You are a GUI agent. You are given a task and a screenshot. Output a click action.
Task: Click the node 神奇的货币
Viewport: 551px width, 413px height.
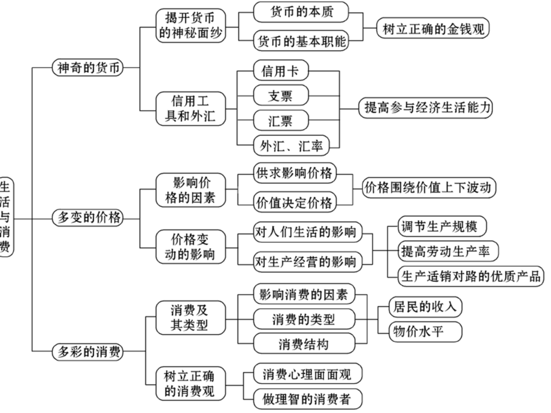click(x=87, y=67)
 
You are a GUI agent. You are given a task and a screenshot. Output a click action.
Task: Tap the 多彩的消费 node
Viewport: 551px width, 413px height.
click(x=87, y=352)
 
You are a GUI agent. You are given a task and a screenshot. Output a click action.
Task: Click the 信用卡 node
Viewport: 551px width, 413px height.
click(x=280, y=71)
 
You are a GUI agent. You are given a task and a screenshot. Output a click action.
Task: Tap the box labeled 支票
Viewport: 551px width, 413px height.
click(x=280, y=96)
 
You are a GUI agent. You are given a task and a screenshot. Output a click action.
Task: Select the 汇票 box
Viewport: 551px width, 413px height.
click(x=280, y=120)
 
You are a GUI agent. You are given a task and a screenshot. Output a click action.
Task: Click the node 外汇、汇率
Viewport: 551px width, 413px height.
click(x=289, y=144)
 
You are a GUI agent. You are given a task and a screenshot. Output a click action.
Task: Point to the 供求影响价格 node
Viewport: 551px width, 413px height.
click(x=293, y=173)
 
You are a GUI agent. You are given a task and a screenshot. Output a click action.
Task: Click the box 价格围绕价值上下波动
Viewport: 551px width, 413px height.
click(x=430, y=188)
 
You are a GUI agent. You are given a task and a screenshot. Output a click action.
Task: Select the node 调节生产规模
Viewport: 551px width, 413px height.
click(x=443, y=226)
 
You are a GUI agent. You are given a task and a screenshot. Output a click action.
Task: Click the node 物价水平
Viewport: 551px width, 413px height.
click(x=417, y=330)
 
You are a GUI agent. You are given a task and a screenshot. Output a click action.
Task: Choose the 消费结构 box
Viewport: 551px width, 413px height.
click(x=303, y=344)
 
